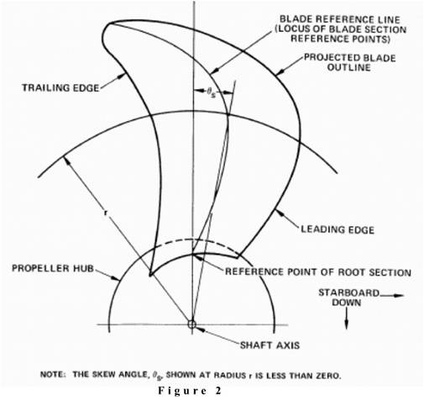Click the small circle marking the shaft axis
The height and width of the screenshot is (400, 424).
192,324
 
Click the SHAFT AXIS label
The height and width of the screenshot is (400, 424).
270,345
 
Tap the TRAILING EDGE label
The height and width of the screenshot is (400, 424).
60,88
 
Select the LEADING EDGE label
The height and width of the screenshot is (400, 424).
338,229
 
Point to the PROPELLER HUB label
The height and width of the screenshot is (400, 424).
53,268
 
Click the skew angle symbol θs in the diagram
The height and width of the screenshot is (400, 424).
212,92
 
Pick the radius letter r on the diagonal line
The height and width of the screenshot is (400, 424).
106,213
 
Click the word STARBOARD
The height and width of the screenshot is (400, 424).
348,293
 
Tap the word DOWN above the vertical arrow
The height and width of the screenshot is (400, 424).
347,303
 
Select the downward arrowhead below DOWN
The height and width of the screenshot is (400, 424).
347,324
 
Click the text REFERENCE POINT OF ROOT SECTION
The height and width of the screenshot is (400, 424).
318,272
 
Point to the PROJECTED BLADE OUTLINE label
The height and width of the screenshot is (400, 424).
350,62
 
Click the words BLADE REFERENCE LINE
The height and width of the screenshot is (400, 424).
340,19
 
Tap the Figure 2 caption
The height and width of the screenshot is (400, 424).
190,391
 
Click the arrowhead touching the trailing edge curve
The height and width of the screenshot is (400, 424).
121,76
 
